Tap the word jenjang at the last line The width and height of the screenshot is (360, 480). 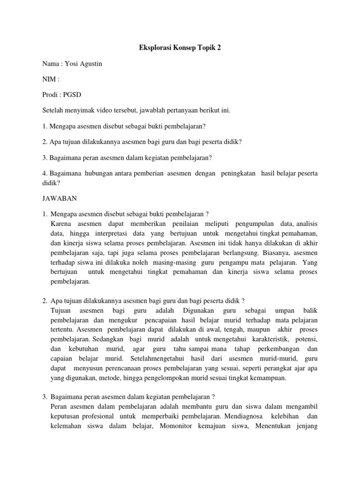pyautogui.click(x=307, y=426)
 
